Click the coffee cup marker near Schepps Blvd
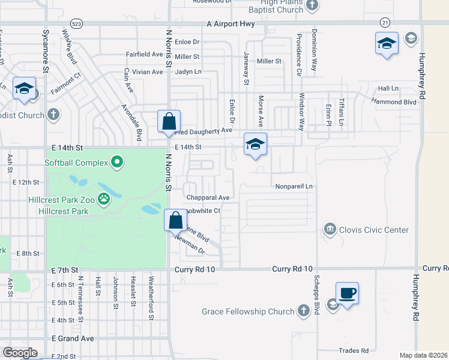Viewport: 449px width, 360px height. tap(347, 293)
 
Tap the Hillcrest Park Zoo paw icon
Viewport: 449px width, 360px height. tap(104, 198)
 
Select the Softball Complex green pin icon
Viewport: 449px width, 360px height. tap(117, 162)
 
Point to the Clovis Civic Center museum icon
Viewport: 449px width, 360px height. tap(330, 229)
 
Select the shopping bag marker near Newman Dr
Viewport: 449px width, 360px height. tap(175, 220)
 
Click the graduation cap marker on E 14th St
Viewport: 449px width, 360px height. tap(255, 144)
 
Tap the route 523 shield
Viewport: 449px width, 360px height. tap(76, 23)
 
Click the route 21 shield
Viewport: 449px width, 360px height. tap(384, 22)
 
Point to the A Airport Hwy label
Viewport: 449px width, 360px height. tap(231, 24)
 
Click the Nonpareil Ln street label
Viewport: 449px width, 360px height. tap(294, 187)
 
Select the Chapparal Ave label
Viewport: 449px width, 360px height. tap(208, 197)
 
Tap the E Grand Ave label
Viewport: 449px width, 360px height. tap(73, 338)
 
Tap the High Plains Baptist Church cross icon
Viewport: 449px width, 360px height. tap(312, 6)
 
